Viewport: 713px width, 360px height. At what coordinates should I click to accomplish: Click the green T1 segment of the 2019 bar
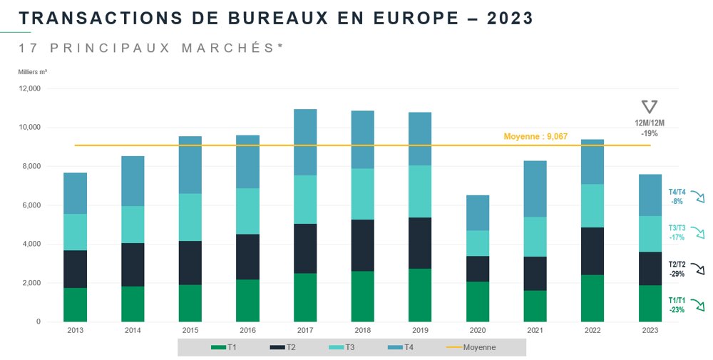pyautogui.click(x=419, y=294)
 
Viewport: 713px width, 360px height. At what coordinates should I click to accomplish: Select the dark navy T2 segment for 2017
pyautogui.click(x=305, y=248)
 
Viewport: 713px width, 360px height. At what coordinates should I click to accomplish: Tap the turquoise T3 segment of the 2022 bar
pyautogui.click(x=593, y=205)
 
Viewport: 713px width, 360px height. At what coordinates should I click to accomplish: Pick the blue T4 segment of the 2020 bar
pyautogui.click(x=478, y=212)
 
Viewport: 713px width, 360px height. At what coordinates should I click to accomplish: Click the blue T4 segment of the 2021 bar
pyautogui.click(x=535, y=189)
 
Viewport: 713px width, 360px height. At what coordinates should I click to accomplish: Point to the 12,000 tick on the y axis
pyautogui.click(x=29, y=89)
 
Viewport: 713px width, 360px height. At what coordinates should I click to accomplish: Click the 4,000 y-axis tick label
pyautogui.click(x=31, y=245)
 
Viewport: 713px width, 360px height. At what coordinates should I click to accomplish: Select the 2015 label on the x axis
pyautogui.click(x=190, y=331)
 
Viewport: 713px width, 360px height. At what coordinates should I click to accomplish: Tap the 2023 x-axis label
pyautogui.click(x=650, y=331)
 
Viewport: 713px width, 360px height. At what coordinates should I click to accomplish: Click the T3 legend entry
pyautogui.click(x=345, y=347)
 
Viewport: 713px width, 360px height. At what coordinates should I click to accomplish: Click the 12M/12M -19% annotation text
pyautogui.click(x=649, y=128)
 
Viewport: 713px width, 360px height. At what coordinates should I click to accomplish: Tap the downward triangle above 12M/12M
pyautogui.click(x=649, y=107)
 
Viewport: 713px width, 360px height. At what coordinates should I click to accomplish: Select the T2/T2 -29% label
pyautogui.click(x=677, y=268)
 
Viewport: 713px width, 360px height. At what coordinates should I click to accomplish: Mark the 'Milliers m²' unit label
pyautogui.click(x=33, y=72)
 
